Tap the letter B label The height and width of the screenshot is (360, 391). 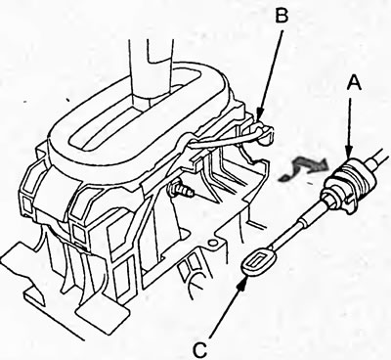click(x=282, y=15)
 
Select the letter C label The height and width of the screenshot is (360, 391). click(x=200, y=350)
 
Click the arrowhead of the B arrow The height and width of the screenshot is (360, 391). click(x=259, y=114)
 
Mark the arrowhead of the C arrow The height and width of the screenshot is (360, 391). click(x=241, y=281)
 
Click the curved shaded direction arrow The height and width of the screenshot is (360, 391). click(x=303, y=167)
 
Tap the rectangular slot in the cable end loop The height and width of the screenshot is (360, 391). click(x=258, y=261)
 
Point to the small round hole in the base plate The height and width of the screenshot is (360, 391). click(x=214, y=243)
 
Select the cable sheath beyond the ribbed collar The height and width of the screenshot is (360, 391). click(x=379, y=156)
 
